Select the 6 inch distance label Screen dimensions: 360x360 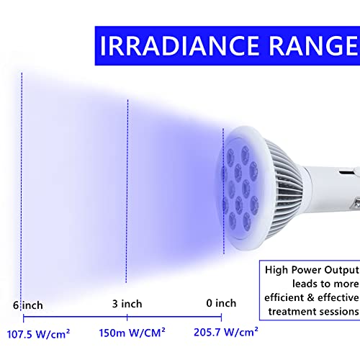[28, 305]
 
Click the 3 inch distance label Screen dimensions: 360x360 [127, 303]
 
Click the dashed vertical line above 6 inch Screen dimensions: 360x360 [22, 180]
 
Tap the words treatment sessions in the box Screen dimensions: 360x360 [312, 311]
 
